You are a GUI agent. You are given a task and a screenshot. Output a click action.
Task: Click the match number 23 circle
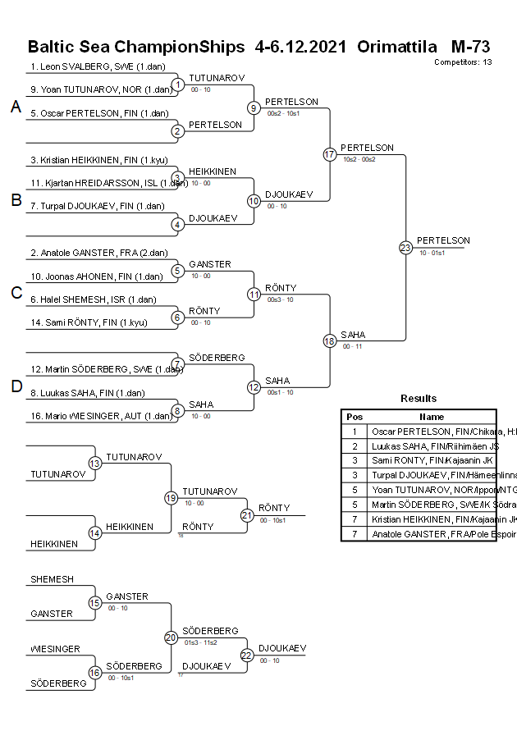point(405,247)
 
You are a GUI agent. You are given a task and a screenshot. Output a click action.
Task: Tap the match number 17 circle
point(330,154)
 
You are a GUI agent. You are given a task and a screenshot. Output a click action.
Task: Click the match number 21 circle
point(247,515)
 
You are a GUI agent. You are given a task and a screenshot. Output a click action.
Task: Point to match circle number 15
point(95,603)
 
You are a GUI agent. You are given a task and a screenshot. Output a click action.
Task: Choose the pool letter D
point(16,387)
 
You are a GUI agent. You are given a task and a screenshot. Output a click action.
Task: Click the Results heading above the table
point(419,399)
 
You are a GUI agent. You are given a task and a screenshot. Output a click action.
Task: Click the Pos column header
point(355,417)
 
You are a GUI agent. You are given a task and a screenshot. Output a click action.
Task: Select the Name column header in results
point(432,417)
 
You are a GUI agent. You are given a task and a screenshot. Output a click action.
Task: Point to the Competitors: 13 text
point(463,62)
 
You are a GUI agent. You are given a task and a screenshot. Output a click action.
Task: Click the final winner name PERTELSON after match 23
point(443,240)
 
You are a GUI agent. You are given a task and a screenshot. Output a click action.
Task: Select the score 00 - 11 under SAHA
point(353,346)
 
